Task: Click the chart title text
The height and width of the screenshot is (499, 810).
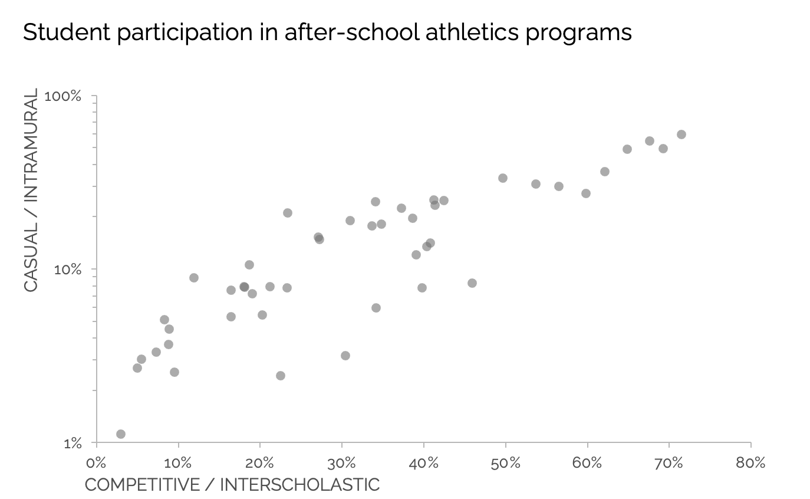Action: point(327,33)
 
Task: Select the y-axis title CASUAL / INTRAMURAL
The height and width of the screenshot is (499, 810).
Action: point(31,190)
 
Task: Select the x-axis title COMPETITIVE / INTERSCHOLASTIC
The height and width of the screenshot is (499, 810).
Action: point(232,485)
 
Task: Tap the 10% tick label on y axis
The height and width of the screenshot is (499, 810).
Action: point(67,270)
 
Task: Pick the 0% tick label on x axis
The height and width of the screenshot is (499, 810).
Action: point(96,463)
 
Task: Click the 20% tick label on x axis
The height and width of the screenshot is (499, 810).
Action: point(260,463)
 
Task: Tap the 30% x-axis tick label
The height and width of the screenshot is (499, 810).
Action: point(342,463)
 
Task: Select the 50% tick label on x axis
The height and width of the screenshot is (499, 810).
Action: point(505,463)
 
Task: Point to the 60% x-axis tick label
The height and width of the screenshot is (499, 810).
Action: point(587,463)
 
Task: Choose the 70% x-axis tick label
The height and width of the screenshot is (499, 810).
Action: point(669,463)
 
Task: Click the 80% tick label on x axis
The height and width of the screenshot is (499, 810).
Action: point(750,463)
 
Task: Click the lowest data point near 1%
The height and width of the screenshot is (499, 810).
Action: point(121,434)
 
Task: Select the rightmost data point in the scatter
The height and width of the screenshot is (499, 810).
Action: point(681,134)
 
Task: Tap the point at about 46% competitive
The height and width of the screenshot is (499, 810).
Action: point(472,283)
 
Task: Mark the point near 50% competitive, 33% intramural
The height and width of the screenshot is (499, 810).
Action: point(503,178)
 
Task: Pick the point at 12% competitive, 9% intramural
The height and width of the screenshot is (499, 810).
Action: point(194,278)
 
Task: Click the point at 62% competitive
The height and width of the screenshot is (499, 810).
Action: point(605,172)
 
